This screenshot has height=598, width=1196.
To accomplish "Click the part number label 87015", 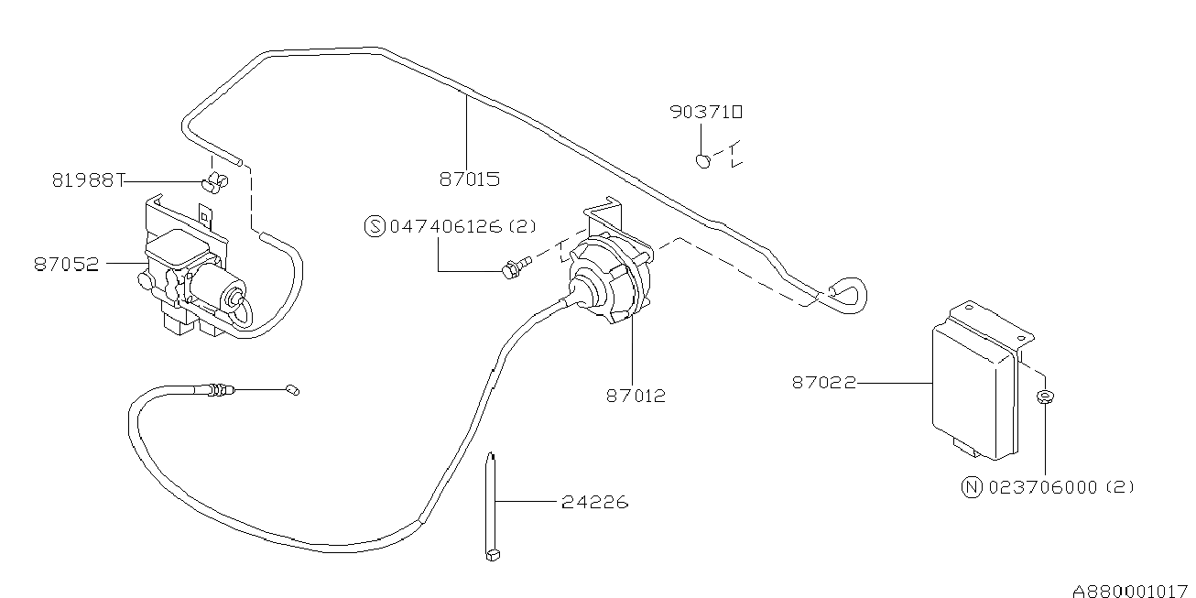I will pyautogui.click(x=469, y=179).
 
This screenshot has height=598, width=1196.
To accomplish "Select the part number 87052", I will pyautogui.click(x=67, y=264).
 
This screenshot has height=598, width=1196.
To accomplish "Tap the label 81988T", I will pyautogui.click(x=87, y=180).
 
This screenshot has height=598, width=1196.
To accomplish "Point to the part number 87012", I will pyautogui.click(x=635, y=397).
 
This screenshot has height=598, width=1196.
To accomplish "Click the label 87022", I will pyautogui.click(x=823, y=383).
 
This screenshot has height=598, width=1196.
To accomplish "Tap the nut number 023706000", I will pyautogui.click(x=1042, y=487).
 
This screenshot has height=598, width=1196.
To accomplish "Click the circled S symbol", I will pyautogui.click(x=375, y=226).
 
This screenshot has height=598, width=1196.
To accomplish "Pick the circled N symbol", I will pyautogui.click(x=973, y=487).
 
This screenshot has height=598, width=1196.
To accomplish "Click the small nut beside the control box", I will pyautogui.click(x=1043, y=397).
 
